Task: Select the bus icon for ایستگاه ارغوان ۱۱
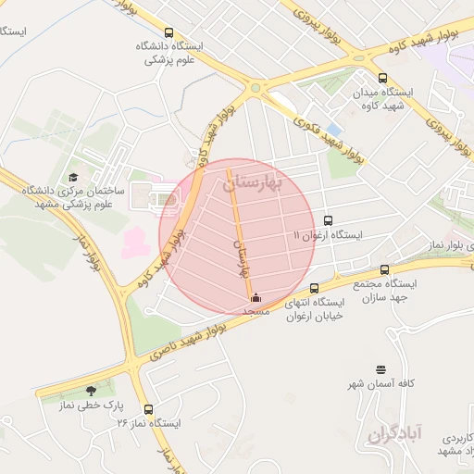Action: (329, 220)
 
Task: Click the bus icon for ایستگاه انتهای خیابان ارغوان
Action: (315, 288)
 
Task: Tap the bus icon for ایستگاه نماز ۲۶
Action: (149, 408)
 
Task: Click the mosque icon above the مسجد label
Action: (256, 298)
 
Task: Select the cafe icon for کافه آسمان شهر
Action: (380, 369)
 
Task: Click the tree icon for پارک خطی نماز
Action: (90, 391)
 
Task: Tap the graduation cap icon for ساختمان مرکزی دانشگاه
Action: (73, 177)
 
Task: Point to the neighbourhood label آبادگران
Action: (394, 432)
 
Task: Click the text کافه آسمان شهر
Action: (380, 383)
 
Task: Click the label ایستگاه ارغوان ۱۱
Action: (329, 235)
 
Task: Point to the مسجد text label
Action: (255, 312)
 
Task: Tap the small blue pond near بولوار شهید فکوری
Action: (334, 128)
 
